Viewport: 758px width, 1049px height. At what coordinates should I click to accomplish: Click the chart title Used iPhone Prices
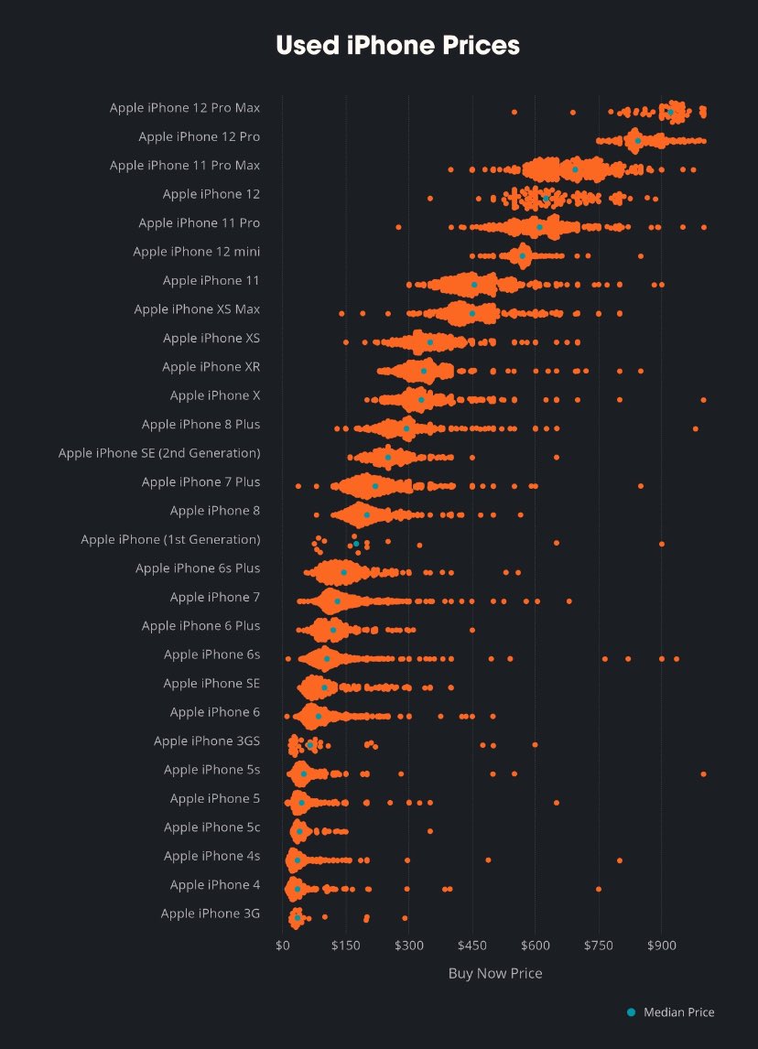point(397,45)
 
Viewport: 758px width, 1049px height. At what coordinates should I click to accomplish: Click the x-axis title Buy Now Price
point(494,973)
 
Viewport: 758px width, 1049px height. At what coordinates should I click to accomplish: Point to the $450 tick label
point(472,944)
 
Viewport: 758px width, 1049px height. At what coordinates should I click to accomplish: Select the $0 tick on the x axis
point(282,944)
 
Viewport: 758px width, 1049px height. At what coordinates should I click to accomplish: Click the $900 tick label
point(662,944)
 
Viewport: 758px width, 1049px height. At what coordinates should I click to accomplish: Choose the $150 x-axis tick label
point(346,944)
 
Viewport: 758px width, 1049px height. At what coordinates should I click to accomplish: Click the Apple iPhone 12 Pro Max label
point(184,108)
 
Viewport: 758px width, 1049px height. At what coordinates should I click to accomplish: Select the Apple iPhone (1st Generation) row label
point(170,539)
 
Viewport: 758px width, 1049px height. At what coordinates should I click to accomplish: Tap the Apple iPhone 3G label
point(210,914)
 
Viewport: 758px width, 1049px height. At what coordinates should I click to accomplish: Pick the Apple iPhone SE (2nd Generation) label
point(159,453)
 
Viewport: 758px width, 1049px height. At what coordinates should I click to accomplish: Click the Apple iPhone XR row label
point(211,367)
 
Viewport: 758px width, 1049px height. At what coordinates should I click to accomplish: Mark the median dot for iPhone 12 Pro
point(638,140)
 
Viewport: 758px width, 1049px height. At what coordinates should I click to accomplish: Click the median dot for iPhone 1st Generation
point(356,544)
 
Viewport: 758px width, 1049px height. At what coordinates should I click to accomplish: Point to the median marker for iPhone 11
point(474,285)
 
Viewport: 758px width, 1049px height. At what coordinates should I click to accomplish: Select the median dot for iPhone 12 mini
point(523,255)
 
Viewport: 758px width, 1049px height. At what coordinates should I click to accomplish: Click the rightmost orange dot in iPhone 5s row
point(703,773)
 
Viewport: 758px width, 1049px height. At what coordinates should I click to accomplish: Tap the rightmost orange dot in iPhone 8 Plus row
point(696,428)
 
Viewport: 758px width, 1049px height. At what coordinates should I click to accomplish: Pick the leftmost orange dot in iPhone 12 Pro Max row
point(514,112)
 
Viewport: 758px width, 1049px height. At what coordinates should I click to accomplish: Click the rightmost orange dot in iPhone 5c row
point(430,831)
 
